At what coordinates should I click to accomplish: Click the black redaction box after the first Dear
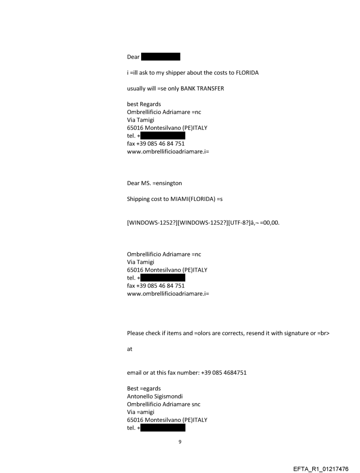161,57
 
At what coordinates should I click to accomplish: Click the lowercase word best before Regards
133,104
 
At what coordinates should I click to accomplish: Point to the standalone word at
130,349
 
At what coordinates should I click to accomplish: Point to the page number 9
180,441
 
